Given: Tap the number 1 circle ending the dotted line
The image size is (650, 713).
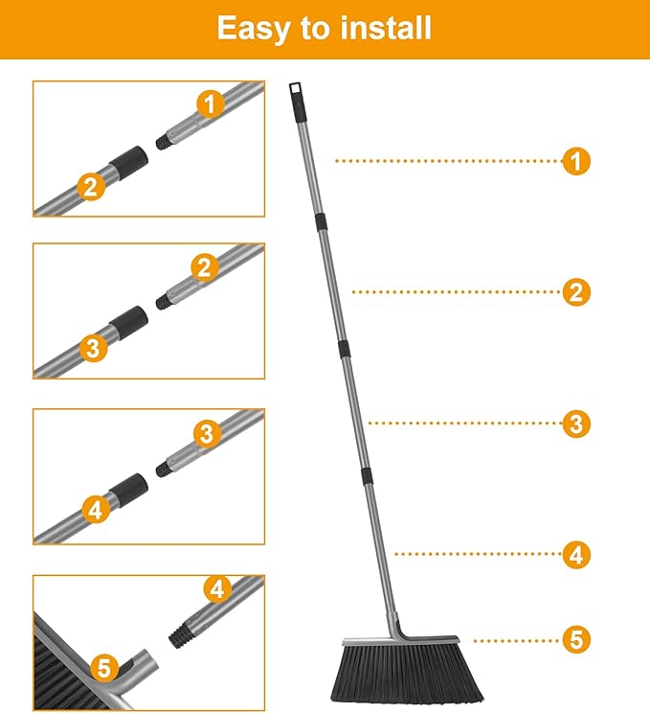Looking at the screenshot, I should pyautogui.click(x=575, y=161).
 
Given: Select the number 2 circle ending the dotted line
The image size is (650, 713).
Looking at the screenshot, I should pyautogui.click(x=575, y=292).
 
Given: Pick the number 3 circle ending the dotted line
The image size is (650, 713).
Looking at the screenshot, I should pyautogui.click(x=575, y=424).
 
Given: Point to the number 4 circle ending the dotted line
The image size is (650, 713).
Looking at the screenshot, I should pyautogui.click(x=575, y=554).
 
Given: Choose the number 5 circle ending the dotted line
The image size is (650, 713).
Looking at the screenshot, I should pyautogui.click(x=575, y=639).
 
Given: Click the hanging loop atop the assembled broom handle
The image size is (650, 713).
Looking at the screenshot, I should pyautogui.click(x=296, y=94).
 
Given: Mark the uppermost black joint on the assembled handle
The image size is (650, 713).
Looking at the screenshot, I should pyautogui.click(x=320, y=221).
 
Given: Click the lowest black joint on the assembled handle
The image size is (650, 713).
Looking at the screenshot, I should pyautogui.click(x=366, y=475).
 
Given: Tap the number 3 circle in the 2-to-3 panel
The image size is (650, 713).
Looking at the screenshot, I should pyautogui.click(x=92, y=349).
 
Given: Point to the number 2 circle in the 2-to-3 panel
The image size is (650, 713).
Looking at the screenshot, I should pyautogui.click(x=203, y=267).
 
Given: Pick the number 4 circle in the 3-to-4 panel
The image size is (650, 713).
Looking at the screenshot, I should pyautogui.click(x=95, y=509).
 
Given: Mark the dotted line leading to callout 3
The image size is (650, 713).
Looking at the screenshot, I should pyautogui.click(x=464, y=424).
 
